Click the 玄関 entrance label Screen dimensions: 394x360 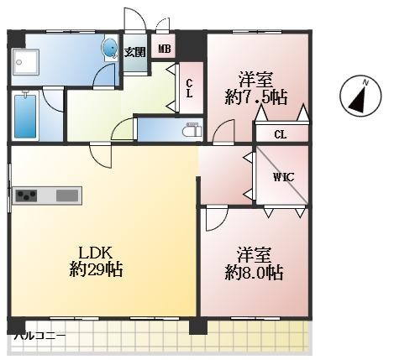point(135,52)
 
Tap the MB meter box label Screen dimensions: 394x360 point(165,49)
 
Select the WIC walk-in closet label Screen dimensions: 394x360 point(284,177)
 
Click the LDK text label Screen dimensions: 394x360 point(96,253)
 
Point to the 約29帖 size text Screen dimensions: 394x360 point(96,269)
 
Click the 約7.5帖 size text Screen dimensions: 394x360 point(256,97)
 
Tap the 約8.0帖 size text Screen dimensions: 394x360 point(255,273)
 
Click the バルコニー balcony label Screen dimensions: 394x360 point(40,336)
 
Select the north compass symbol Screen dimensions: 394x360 point(360,95)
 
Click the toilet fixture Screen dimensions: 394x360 point(192,129)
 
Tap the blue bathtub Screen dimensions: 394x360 point(25,116)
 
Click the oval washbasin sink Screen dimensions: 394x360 point(109,48)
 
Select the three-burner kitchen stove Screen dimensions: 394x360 point(26,196)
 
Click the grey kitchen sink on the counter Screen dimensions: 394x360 point(67,196)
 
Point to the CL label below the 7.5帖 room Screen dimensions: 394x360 point(281,135)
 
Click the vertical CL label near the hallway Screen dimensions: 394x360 point(190,88)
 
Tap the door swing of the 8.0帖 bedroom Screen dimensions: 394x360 point(217,218)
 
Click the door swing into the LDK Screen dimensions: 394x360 point(101,155)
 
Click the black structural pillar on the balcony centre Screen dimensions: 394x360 point(198,326)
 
